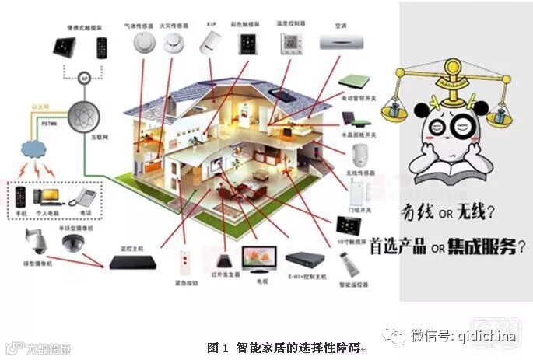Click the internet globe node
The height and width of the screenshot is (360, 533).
(84, 117)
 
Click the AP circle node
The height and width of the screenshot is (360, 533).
(84, 78)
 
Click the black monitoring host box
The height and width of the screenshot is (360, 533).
(132, 262)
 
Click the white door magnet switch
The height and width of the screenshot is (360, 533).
(357, 191)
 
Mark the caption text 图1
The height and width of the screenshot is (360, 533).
(216, 348)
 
